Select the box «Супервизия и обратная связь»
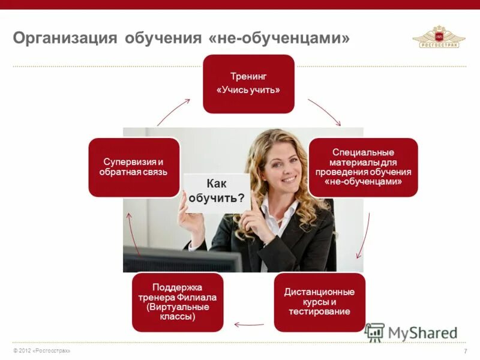tap(134, 167)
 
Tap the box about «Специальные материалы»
tap(363, 167)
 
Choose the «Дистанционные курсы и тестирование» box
tap(319, 302)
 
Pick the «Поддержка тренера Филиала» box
tap(178, 302)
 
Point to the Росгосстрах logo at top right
tap(439, 37)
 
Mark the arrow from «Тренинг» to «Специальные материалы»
tap(324, 112)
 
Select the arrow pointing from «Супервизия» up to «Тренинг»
tap(173, 112)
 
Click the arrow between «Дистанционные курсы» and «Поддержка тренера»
tap(248, 325)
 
